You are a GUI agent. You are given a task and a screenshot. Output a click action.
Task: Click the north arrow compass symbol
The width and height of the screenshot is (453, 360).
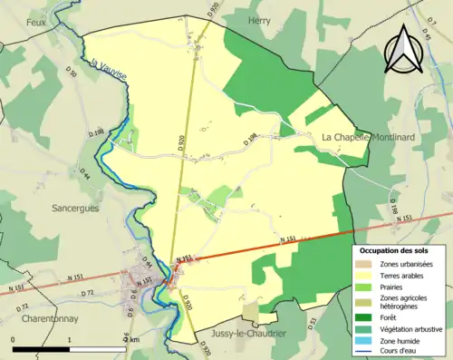coord(403,50)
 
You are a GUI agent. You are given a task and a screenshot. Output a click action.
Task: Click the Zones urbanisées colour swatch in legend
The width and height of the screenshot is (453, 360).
coord(365,262)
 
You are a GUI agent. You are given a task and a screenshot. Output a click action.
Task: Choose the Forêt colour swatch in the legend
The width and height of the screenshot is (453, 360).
coord(365,317)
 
